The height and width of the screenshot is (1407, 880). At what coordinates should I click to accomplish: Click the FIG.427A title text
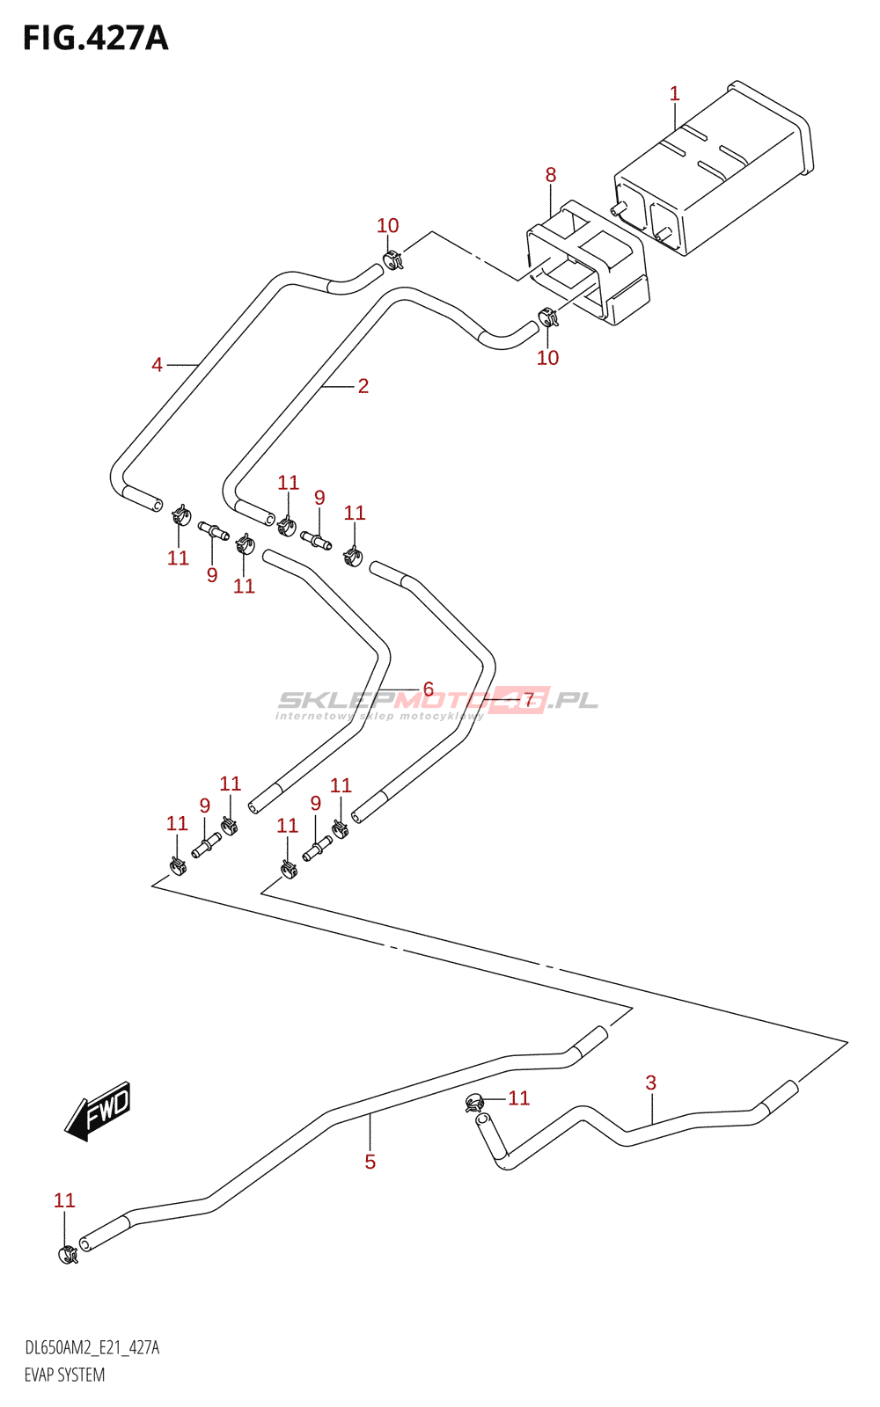[96, 39]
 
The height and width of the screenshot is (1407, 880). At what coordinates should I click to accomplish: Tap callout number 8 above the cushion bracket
[551, 175]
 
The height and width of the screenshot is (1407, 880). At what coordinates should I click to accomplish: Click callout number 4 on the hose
[158, 364]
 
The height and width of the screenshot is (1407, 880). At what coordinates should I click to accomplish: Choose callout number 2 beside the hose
[363, 386]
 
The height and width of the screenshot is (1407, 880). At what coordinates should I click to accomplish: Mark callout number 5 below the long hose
[370, 1162]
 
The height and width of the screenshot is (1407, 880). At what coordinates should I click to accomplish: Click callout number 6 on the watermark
[428, 689]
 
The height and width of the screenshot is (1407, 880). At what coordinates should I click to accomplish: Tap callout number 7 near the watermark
[529, 700]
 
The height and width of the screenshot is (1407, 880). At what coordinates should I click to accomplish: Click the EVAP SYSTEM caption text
[64, 1375]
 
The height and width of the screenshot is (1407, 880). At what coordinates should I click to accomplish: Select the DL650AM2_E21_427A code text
[92, 1348]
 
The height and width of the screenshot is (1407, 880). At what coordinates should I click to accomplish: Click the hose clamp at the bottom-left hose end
[67, 1255]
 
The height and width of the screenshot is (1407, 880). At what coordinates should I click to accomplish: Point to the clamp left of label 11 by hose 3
[474, 1103]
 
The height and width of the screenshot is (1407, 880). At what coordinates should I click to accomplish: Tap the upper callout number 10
[388, 225]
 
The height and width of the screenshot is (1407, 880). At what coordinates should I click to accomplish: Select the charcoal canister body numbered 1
[714, 168]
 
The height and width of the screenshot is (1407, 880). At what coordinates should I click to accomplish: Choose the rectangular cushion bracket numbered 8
[588, 263]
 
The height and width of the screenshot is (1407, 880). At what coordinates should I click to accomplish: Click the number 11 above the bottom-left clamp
[64, 1200]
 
